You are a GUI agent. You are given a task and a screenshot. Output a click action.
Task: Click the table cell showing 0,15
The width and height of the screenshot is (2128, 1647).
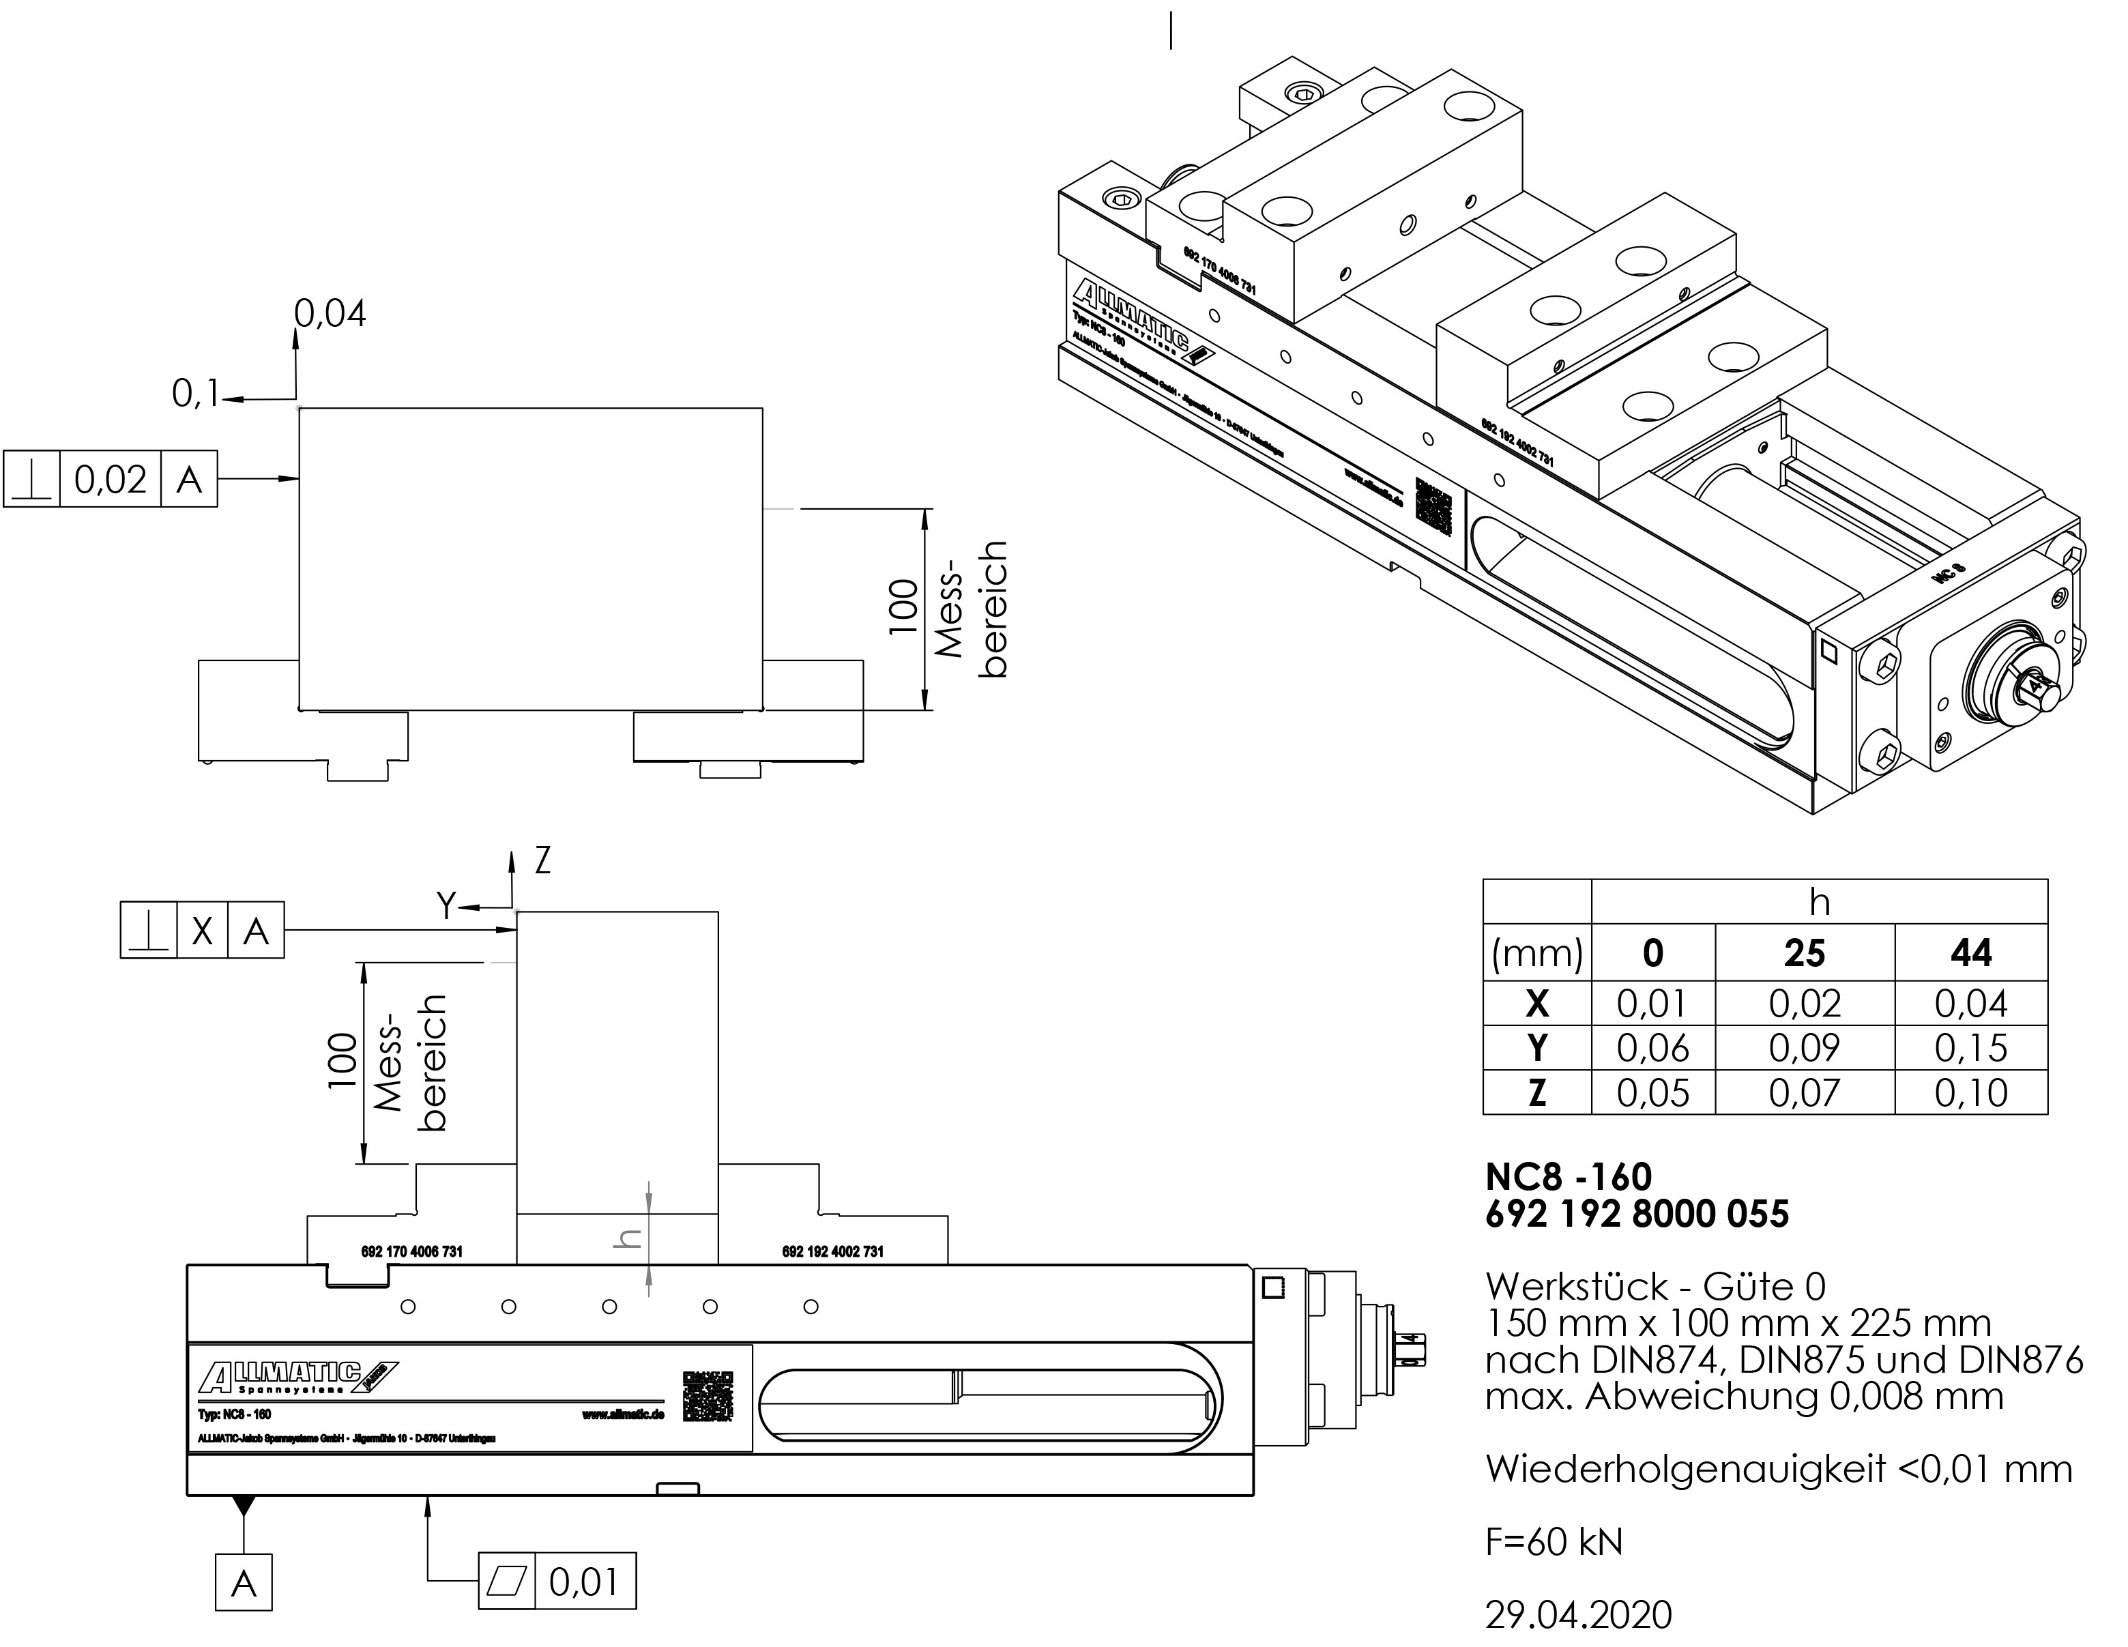1970,1048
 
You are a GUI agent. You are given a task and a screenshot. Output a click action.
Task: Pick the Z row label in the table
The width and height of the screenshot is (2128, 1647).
1536,1092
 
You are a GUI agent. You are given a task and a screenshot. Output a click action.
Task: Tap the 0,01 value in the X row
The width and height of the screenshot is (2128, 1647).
1652,1003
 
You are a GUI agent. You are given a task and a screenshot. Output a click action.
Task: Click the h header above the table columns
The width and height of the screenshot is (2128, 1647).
1818,903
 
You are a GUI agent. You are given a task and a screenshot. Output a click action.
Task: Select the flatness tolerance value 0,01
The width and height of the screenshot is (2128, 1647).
583,1582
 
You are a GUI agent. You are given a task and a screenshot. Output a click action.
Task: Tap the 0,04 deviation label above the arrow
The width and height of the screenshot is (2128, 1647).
330,314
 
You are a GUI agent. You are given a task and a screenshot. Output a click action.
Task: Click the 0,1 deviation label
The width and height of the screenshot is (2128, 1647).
196,394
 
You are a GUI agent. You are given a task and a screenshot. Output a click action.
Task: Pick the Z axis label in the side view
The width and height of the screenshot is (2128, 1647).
542,860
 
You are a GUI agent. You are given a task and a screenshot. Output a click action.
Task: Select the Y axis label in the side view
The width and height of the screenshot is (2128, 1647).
446,906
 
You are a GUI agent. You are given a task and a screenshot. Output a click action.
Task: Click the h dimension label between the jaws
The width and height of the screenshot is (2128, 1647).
630,1238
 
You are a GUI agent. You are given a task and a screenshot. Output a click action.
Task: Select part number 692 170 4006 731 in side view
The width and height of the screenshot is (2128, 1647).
411,1251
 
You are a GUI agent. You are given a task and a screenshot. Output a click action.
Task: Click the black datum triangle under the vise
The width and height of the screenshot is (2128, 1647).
244,1506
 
